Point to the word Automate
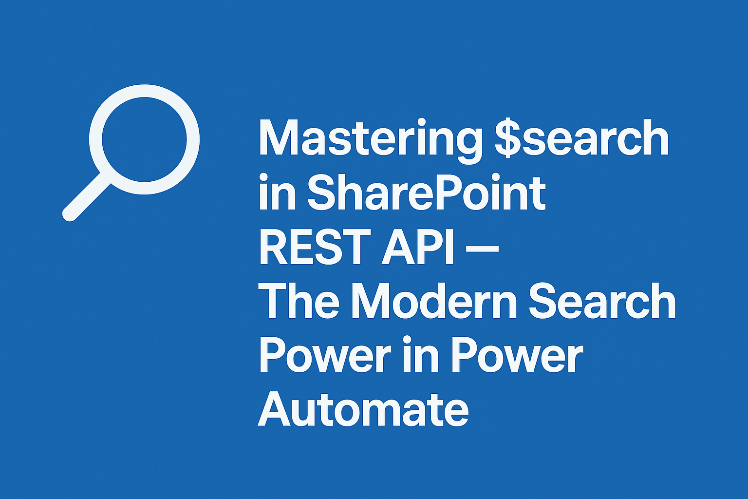coord(363,409)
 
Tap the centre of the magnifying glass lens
coord(144,139)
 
